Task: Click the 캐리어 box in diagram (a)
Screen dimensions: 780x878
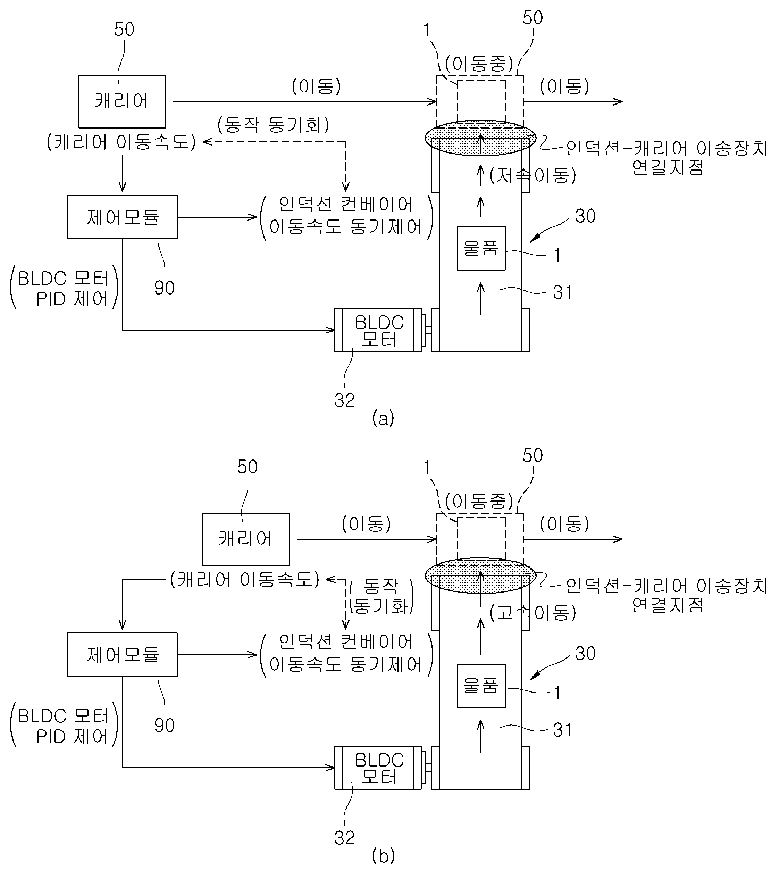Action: coord(122,102)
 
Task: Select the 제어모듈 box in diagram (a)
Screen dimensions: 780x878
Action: coord(122,217)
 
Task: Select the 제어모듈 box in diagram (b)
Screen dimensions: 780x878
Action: coord(122,655)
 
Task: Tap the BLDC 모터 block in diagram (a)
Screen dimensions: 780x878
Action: coord(378,330)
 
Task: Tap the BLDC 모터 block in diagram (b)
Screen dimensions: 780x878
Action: coord(378,768)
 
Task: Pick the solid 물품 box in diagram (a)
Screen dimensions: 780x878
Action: coord(481,248)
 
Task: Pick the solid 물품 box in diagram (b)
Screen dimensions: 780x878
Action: coord(481,686)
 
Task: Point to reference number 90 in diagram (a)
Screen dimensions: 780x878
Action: coord(165,288)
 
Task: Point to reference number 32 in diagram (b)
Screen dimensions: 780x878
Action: coord(345,838)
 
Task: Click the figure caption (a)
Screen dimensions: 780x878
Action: coord(383,418)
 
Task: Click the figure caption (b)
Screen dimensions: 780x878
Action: coord(383,856)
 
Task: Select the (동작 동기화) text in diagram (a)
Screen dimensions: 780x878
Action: coord(274,125)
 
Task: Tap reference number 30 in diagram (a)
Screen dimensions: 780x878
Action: coord(585,216)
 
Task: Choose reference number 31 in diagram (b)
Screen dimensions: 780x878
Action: coord(562,730)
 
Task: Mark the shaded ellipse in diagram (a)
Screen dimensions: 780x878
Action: coord(481,138)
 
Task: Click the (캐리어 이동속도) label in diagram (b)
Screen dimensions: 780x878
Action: coord(245,579)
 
